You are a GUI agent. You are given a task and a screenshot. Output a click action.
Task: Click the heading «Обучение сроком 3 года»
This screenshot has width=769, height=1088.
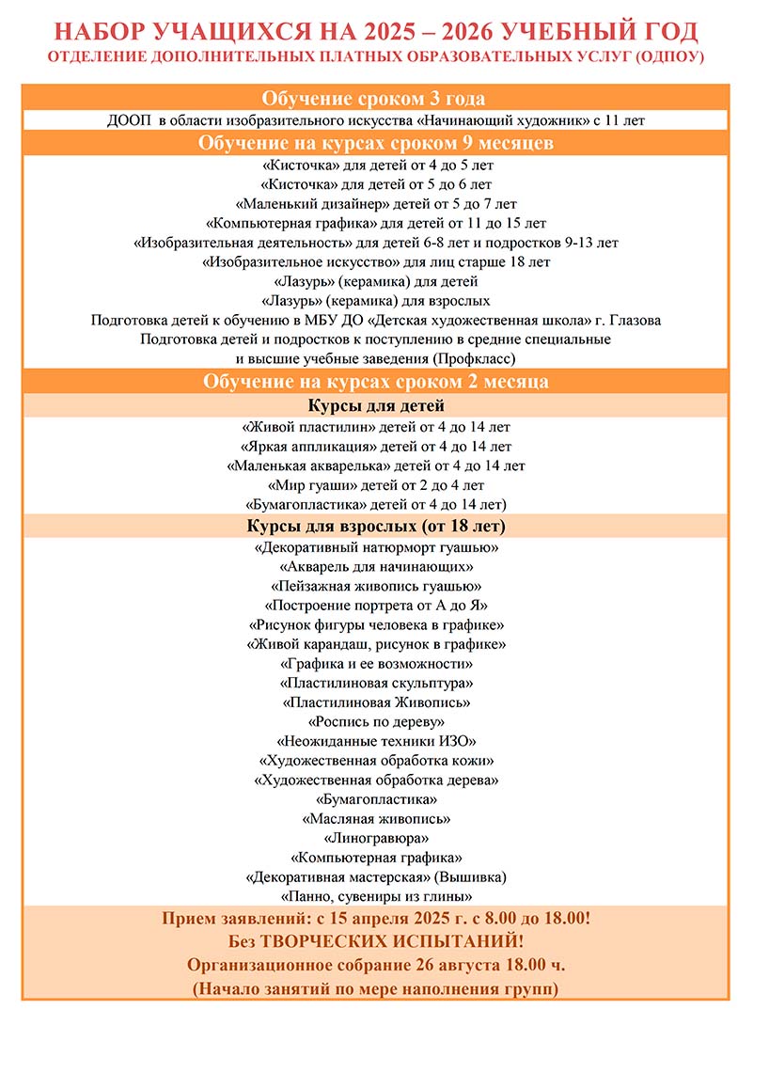375,99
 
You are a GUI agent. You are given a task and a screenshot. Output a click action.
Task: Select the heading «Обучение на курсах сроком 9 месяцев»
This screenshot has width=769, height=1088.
375,143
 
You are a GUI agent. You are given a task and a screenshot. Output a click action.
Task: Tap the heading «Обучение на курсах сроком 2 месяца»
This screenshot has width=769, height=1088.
375,382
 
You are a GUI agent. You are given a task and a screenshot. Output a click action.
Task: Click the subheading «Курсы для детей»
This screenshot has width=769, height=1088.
375,406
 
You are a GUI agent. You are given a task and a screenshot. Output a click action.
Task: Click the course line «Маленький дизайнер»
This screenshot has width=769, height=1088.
375,203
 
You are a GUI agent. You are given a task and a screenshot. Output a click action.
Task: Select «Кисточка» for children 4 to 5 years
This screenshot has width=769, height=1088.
375,164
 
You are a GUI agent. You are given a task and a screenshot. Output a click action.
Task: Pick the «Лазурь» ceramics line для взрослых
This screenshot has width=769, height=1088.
375,301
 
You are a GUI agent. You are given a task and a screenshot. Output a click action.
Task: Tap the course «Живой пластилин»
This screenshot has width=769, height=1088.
375,426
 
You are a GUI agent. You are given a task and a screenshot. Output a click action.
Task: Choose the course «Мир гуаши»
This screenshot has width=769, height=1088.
375,485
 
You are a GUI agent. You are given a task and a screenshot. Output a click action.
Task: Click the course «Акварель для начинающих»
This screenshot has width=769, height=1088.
375,567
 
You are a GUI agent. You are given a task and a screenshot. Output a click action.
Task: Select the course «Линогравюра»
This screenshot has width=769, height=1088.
375,837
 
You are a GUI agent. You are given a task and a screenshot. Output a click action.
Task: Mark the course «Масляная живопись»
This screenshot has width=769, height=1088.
375,818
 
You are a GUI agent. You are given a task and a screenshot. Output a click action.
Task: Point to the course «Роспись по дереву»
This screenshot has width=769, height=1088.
375,721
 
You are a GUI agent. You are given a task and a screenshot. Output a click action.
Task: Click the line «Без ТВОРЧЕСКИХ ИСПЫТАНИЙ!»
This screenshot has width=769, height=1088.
375,940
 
